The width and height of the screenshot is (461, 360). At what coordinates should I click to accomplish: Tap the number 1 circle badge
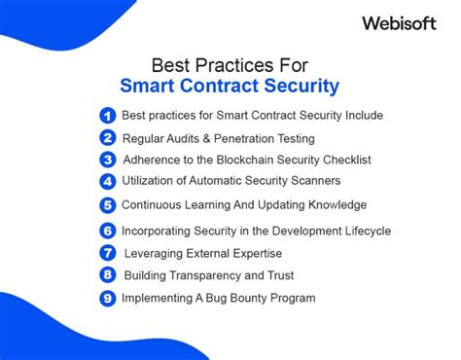pyautogui.click(x=108, y=116)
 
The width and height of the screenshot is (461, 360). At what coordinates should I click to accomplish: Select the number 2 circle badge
pyautogui.click(x=108, y=138)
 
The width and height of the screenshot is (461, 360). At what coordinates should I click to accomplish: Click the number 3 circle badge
pyautogui.click(x=108, y=160)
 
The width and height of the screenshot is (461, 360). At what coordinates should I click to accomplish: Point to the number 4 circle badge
pyautogui.click(x=108, y=181)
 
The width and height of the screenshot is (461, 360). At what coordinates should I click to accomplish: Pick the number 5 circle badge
pyautogui.click(x=108, y=205)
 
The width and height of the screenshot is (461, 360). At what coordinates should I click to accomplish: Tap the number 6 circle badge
pyautogui.click(x=108, y=231)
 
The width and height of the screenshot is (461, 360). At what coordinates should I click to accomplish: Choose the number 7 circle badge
pyautogui.click(x=108, y=253)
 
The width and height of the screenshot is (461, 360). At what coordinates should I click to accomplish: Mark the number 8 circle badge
pyautogui.click(x=108, y=275)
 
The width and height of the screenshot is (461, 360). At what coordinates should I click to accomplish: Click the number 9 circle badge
pyautogui.click(x=108, y=298)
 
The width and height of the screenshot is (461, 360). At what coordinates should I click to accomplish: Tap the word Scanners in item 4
pyautogui.click(x=313, y=181)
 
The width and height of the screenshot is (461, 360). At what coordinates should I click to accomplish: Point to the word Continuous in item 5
pyautogui.click(x=153, y=205)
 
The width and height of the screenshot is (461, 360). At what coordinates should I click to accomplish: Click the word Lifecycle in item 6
pyautogui.click(x=360, y=231)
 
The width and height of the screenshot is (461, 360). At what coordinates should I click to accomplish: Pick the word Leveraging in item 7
pyautogui.click(x=158, y=253)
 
